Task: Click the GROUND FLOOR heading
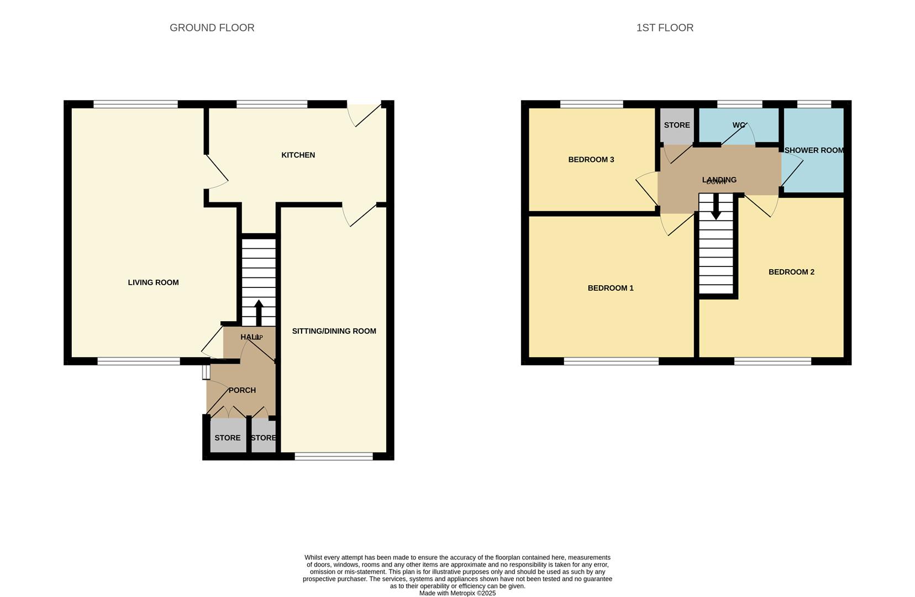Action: (x=212, y=28)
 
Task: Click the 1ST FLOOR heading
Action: (x=665, y=28)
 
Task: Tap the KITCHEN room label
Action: (x=298, y=155)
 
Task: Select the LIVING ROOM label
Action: (x=153, y=282)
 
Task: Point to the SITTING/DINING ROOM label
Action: (x=334, y=331)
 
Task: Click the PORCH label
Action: (x=242, y=390)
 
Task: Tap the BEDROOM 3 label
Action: (x=591, y=160)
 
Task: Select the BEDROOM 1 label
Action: (x=611, y=288)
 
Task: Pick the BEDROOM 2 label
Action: (x=791, y=272)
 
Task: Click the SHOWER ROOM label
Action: (x=813, y=150)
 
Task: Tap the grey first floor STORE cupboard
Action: (x=677, y=125)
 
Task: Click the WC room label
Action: (x=739, y=125)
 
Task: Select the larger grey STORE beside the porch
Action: (x=228, y=437)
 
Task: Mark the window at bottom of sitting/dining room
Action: (x=334, y=456)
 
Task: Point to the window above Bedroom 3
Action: (x=591, y=104)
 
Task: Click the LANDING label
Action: (x=719, y=180)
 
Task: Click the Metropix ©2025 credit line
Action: (x=457, y=593)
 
